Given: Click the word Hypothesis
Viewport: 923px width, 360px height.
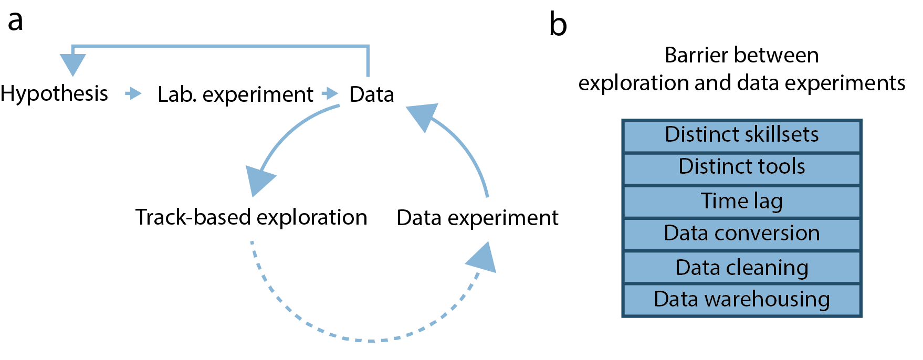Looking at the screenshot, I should pyautogui.click(x=54, y=94).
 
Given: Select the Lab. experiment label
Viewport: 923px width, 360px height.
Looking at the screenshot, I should pyautogui.click(x=235, y=94).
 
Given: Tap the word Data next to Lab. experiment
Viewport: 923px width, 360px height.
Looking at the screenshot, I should pyautogui.click(x=372, y=94).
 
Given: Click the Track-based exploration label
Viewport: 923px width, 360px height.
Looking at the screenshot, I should pyautogui.click(x=251, y=217).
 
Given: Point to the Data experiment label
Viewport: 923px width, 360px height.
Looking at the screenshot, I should pyautogui.click(x=477, y=218).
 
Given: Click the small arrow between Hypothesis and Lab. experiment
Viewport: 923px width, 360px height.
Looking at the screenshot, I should pyautogui.click(x=133, y=94).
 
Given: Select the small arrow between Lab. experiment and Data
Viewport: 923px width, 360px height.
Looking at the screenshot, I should pyautogui.click(x=330, y=94).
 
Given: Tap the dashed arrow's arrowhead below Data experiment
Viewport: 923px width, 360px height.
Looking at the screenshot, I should pyautogui.click(x=483, y=259).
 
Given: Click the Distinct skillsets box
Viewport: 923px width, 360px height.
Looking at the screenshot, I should pyautogui.click(x=741, y=135).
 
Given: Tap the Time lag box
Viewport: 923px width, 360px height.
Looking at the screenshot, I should pyautogui.click(x=741, y=201).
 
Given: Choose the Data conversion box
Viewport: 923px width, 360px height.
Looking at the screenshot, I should pyautogui.click(x=741, y=234).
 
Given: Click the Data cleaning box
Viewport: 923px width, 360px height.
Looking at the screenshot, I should pyautogui.click(x=741, y=267).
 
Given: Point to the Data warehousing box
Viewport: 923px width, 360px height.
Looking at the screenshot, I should pyautogui.click(x=741, y=300).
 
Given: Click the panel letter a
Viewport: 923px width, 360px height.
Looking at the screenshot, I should pyautogui.click(x=15, y=22).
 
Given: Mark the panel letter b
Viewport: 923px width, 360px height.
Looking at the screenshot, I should pyautogui.click(x=558, y=25).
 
